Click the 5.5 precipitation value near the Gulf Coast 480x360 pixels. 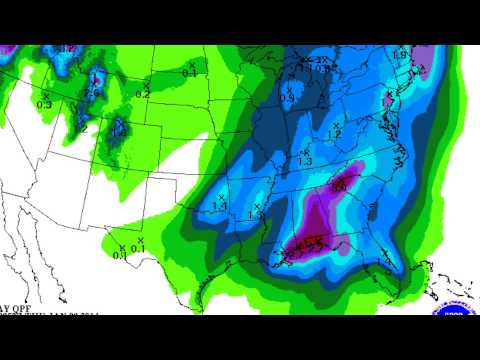click(312, 243)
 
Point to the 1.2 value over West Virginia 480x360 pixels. click(335, 133)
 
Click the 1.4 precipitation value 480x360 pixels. click(220, 206)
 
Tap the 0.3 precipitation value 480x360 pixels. click(44, 103)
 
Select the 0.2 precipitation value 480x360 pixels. click(143, 94)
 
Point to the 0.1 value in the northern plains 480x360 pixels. click(189, 72)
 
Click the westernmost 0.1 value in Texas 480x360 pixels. click(120, 255)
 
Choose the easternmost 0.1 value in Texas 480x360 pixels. click(141, 250)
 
